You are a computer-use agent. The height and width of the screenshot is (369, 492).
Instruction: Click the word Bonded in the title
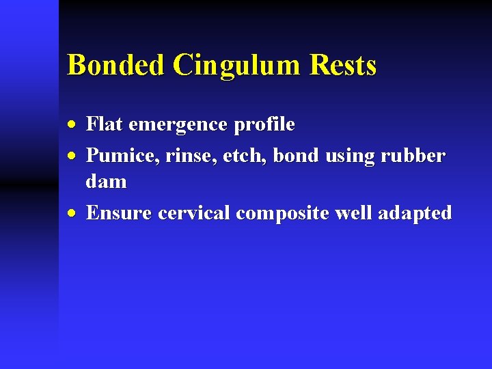[116, 66]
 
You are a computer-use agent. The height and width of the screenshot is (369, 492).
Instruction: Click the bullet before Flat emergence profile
[73, 125]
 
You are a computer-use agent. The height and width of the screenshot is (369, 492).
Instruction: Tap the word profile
[264, 125]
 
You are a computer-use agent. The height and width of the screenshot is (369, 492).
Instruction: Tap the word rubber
[413, 156]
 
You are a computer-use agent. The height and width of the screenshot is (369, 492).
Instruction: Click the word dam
[106, 182]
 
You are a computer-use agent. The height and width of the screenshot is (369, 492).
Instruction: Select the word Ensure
[120, 213]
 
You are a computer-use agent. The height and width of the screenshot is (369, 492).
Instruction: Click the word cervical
[195, 213]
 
